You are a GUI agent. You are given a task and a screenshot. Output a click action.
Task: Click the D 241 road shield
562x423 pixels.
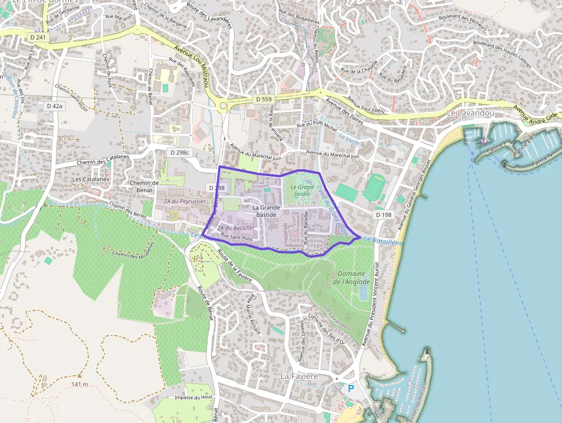pyautogui.click(x=38, y=37)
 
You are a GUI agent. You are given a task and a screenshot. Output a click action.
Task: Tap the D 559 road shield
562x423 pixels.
pyautogui.click(x=264, y=99)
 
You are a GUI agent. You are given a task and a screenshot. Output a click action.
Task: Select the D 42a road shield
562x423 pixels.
pyautogui.click(x=55, y=106)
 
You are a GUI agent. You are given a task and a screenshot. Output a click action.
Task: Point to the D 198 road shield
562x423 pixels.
pyautogui.click(x=384, y=214)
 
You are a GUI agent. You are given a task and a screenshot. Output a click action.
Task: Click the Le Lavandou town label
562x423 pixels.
pyautogui.click(x=470, y=114)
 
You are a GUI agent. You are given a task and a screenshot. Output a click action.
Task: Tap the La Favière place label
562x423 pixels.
pyautogui.click(x=299, y=376)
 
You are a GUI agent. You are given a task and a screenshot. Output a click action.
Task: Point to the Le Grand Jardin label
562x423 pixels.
pyautogui.click(x=302, y=191)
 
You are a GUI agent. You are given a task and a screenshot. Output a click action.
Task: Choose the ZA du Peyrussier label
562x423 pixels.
pyautogui.click(x=184, y=202)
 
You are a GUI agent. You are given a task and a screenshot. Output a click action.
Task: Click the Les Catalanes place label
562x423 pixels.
pyautogui.click(x=91, y=179)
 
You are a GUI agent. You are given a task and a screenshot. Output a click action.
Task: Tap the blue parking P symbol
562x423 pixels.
pyautogui.click(x=351, y=389)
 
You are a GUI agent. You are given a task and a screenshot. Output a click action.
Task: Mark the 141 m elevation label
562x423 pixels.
pyautogui.click(x=80, y=384)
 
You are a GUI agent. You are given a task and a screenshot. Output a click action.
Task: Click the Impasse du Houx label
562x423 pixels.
pyautogui.click(x=194, y=397)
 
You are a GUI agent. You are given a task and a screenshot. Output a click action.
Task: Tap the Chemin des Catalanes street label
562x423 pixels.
pyautogui.click(x=101, y=160)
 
